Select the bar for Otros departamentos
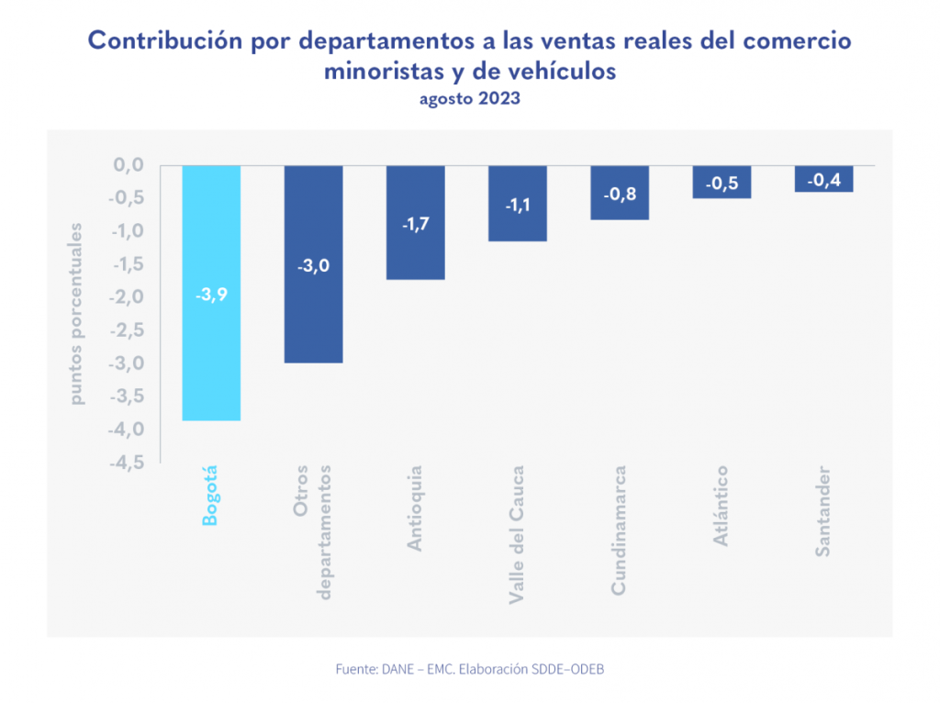313,312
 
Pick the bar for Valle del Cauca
518,225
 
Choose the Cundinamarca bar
620,206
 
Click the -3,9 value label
211,296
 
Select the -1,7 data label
415,223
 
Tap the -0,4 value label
823,181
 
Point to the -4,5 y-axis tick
126,463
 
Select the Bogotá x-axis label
211,496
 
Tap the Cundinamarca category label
620,530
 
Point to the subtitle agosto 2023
470,99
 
